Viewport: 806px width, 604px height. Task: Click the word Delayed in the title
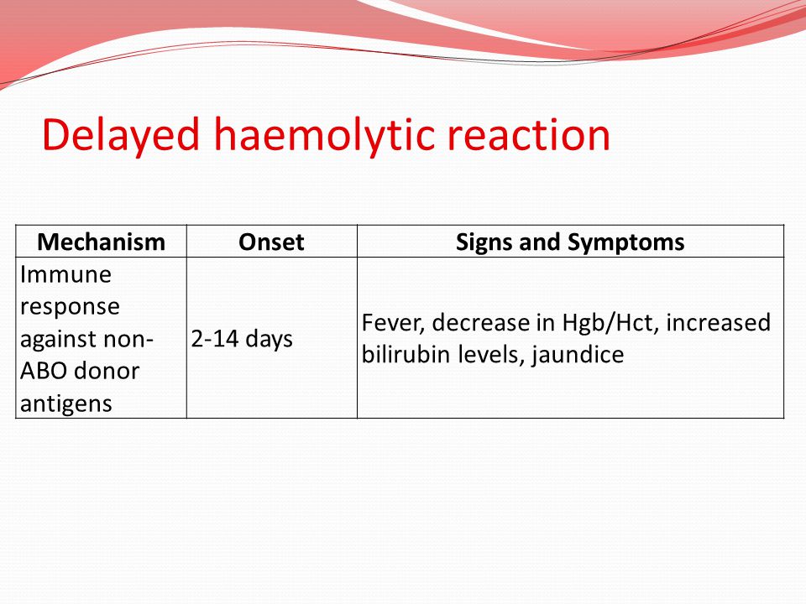(x=121, y=135)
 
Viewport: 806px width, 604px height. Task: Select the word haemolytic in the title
(x=325, y=135)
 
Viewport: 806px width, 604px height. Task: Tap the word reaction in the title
(x=528, y=135)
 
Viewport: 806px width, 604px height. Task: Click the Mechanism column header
(x=102, y=242)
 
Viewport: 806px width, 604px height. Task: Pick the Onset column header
(x=271, y=242)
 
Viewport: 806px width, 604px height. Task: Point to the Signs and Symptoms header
(x=570, y=242)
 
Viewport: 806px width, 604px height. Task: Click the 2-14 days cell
(x=242, y=339)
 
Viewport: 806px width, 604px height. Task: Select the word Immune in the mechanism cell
(x=65, y=274)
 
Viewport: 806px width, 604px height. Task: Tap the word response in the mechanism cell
(x=70, y=308)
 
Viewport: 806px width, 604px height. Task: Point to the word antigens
(x=66, y=404)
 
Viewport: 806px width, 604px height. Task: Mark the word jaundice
(x=578, y=355)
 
